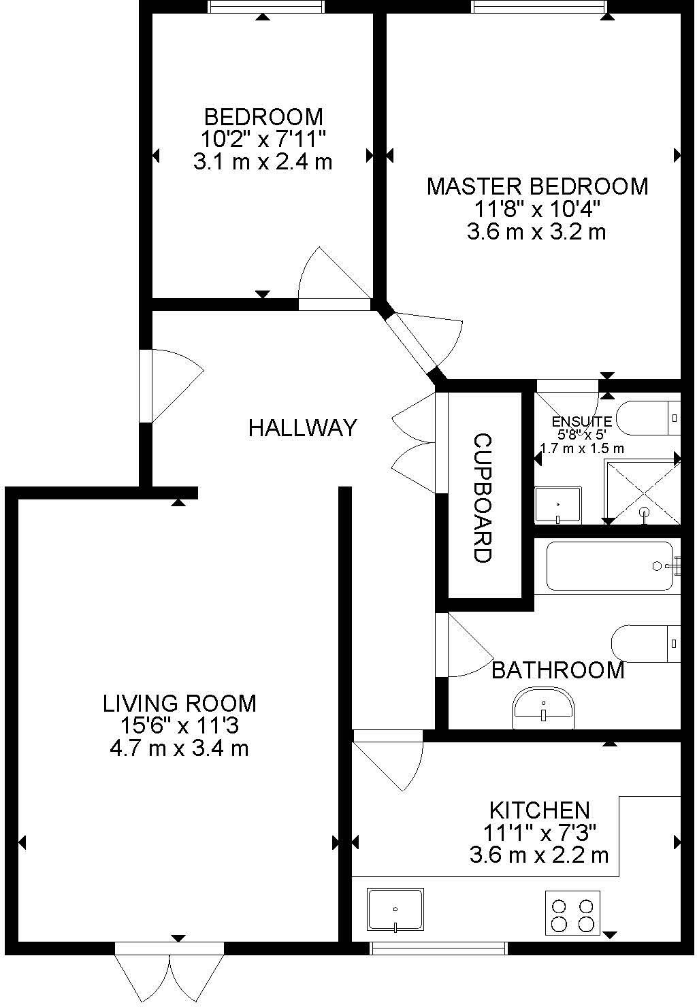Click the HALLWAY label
302,428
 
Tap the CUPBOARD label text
483,498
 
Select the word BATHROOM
557,670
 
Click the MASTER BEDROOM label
537,186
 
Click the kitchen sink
395,909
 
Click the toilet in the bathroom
645,643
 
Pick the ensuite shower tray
643,492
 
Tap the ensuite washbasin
557,505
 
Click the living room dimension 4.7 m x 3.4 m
178,748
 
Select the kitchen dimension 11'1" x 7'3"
539,832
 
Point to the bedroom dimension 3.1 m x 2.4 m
263,162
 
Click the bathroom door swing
466,646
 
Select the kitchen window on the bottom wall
438,947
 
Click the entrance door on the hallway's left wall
170,385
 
